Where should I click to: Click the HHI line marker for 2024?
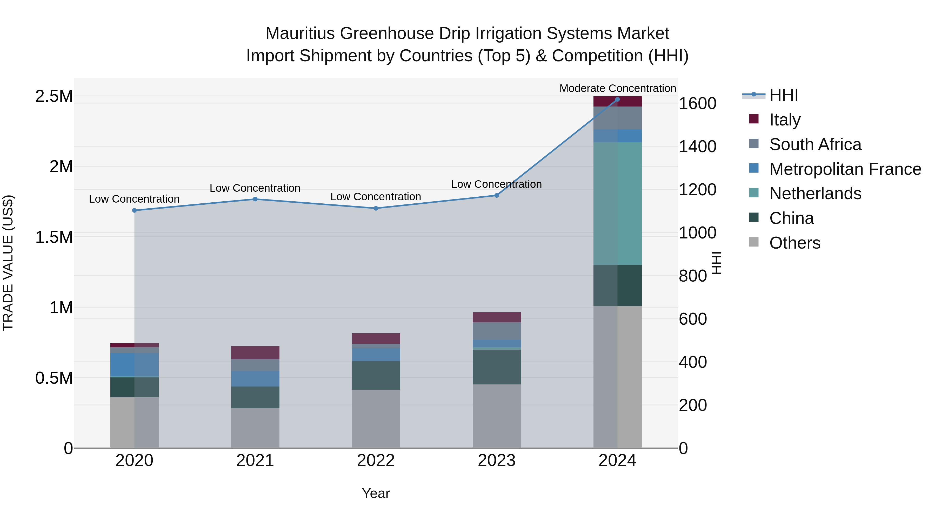click(617, 99)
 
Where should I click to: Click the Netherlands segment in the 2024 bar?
click(617, 203)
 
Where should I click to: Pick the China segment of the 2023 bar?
click(497, 367)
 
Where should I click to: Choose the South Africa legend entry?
click(815, 144)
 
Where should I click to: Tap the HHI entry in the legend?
click(783, 95)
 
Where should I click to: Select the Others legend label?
click(794, 243)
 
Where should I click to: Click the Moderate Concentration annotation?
click(617, 88)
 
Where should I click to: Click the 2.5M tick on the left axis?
click(54, 97)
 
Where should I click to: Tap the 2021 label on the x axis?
click(255, 461)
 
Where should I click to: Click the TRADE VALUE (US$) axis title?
click(8, 263)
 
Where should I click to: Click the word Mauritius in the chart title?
click(300, 34)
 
